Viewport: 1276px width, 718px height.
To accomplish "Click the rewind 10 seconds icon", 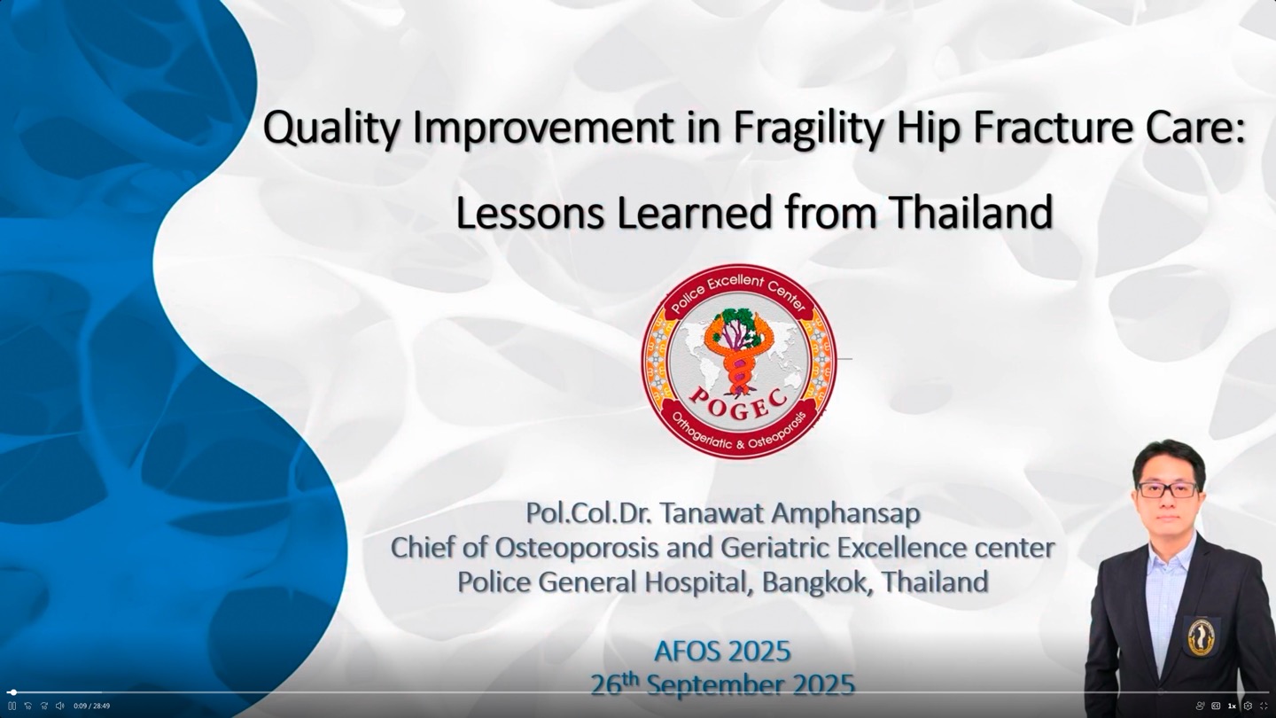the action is pos(28,706).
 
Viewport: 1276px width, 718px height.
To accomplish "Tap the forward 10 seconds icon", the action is pos(44,706).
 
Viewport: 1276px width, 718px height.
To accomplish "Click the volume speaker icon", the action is pos(60,706).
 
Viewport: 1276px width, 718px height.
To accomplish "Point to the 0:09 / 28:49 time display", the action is pos(92,706).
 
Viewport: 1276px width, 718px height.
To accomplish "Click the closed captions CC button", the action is pos(1216,706).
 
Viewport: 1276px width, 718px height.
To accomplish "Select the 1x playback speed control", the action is pos(1232,706).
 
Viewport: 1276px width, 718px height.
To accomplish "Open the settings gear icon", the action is pos(1248,706).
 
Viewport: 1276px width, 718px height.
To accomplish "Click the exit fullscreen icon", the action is pos(1264,706).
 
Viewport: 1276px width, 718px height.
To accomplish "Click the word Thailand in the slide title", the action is pos(971,212).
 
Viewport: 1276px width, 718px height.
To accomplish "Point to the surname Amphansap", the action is pos(845,514).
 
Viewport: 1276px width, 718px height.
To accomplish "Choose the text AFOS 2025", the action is pos(722,652).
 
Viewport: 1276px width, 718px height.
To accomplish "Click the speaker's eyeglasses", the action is pos(1167,489).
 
